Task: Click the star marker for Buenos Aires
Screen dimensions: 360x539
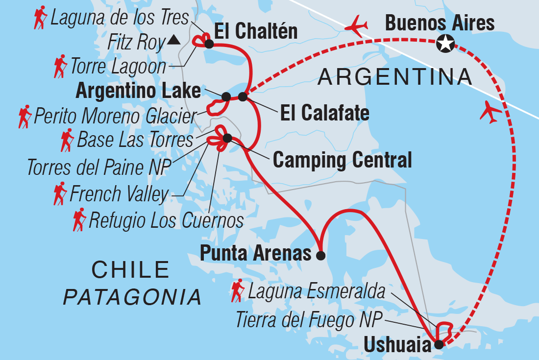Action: coord(445,44)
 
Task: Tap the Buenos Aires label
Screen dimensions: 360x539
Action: coord(440,22)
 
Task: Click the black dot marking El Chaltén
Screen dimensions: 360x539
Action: coord(209,44)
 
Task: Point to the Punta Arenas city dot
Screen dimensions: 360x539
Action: coord(320,255)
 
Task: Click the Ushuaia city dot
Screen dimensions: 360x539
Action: coord(439,344)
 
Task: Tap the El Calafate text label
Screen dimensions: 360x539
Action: coord(324,114)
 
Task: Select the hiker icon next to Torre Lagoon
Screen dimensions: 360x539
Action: coord(60,67)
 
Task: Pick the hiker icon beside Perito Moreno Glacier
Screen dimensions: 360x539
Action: coord(24,117)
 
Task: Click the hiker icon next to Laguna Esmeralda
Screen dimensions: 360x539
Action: coord(238,291)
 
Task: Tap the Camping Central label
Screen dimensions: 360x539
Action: coord(342,160)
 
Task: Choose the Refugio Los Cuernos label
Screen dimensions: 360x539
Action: coord(166,221)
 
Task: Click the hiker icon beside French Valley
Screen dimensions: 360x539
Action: coord(60,193)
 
